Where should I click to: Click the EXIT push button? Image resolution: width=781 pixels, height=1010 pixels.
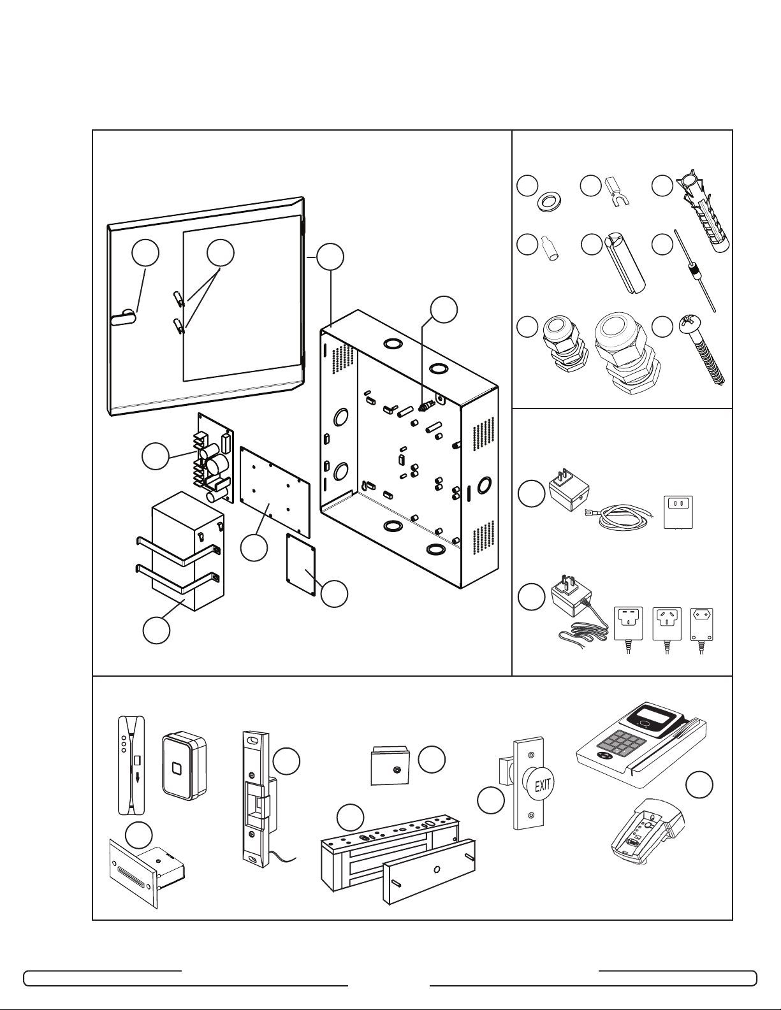tap(541, 786)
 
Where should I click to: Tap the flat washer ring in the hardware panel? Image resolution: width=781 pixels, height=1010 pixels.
tap(548, 202)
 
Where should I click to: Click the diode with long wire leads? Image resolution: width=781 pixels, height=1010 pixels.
tap(695, 270)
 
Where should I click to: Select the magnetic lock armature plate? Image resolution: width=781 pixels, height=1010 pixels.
tap(428, 871)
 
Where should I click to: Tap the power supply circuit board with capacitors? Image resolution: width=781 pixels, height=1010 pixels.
tap(214, 458)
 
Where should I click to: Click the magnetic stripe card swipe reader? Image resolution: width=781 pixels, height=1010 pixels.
tap(131, 765)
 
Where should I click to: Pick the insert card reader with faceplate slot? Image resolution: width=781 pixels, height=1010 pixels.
tap(147, 869)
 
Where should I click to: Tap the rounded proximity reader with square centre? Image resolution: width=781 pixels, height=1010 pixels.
tap(184, 767)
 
